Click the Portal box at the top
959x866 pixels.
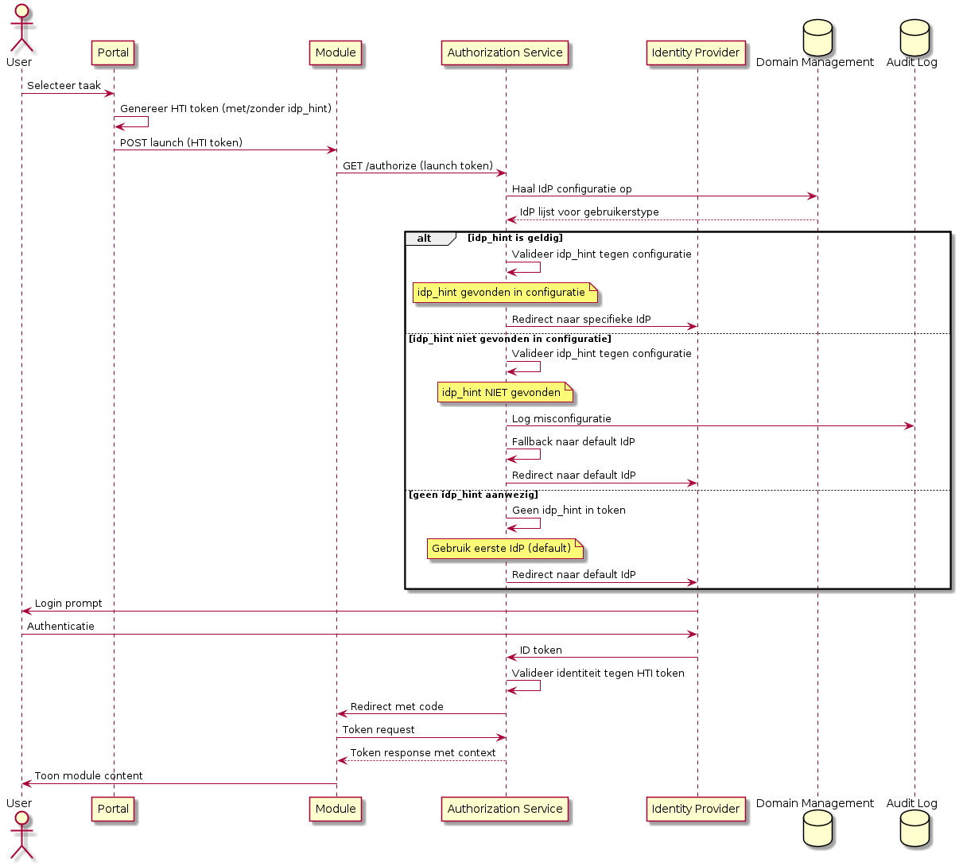tap(113, 52)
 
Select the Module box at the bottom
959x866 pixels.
tap(336, 809)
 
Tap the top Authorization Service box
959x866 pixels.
tap(505, 52)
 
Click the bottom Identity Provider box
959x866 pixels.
tap(696, 809)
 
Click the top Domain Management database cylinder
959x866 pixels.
tap(817, 36)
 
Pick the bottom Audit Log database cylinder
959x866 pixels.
tap(914, 830)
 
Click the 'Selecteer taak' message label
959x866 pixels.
tap(64, 86)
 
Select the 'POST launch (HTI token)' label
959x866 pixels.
tap(181, 143)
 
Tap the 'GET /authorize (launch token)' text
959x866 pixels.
tap(417, 166)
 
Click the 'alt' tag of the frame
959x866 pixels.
tap(425, 239)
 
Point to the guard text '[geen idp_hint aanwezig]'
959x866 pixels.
tap(473, 495)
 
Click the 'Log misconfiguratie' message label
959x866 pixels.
tap(561, 419)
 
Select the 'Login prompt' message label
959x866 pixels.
tap(68, 604)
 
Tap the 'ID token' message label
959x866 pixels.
tap(541, 650)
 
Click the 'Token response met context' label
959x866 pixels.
tap(423, 753)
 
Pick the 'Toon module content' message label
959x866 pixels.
tap(88, 776)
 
